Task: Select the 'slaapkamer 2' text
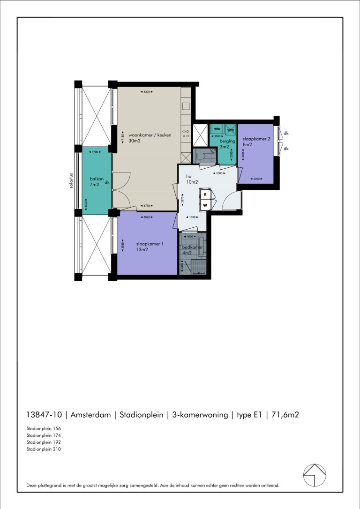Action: click(x=256, y=139)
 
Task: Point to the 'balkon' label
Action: click(x=97, y=179)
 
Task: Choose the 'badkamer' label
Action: click(x=192, y=247)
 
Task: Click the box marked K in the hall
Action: click(x=205, y=194)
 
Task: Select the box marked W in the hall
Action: click(x=205, y=205)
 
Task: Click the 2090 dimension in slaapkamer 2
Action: click(x=256, y=179)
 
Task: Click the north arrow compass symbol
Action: click(x=315, y=475)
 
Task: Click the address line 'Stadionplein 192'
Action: click(x=44, y=442)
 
